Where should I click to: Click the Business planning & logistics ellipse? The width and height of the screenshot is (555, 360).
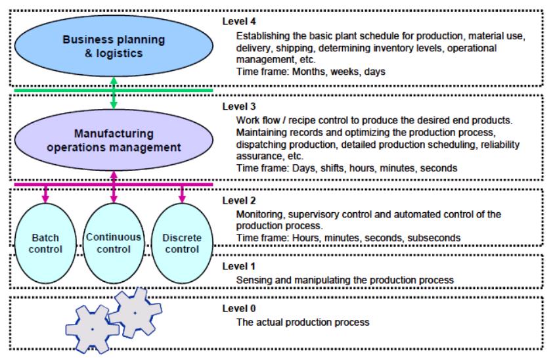(114, 46)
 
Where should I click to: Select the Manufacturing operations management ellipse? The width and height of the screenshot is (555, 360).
(114, 140)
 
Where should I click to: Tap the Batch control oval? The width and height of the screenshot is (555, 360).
(45, 244)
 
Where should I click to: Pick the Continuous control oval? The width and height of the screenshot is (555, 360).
(114, 244)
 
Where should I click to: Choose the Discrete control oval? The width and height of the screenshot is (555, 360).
(182, 244)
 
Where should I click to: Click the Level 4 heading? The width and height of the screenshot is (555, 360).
(239, 21)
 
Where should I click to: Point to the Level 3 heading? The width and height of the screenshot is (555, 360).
(239, 106)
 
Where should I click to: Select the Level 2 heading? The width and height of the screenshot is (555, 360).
(239, 200)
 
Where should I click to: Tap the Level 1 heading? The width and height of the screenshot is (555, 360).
(239, 266)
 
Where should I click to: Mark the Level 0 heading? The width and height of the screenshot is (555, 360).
(239, 308)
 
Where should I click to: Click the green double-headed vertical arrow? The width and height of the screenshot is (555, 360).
(114, 93)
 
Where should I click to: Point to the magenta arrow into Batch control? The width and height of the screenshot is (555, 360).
(45, 194)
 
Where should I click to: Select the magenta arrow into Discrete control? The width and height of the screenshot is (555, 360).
(182, 194)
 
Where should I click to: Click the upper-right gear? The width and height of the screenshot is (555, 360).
(135, 313)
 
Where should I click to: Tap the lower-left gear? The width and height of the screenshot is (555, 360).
(93, 329)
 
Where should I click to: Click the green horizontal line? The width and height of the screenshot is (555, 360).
(114, 90)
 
